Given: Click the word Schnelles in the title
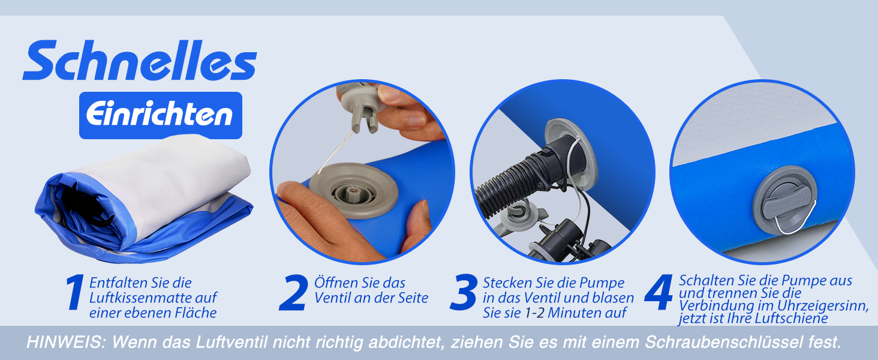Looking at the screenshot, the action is coord(140,60).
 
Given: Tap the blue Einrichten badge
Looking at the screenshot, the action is coord(161,115).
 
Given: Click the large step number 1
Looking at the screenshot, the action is coord(75,292).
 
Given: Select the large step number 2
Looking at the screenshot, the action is coord(293,293).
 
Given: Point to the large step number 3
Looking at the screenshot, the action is coord(464,293).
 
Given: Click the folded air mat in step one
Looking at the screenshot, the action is coord(145,199).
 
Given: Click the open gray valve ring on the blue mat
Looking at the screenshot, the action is coord(354,191).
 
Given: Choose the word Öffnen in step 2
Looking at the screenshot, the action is coord(335,283).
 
